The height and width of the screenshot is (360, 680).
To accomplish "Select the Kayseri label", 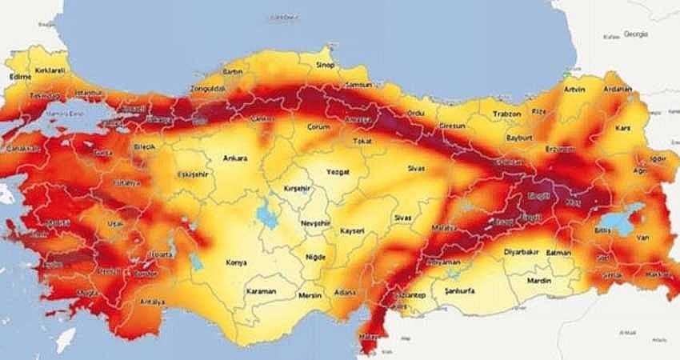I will point(352,230).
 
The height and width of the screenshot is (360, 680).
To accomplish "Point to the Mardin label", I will point(540,281).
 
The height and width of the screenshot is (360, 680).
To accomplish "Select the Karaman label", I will point(261,291).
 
